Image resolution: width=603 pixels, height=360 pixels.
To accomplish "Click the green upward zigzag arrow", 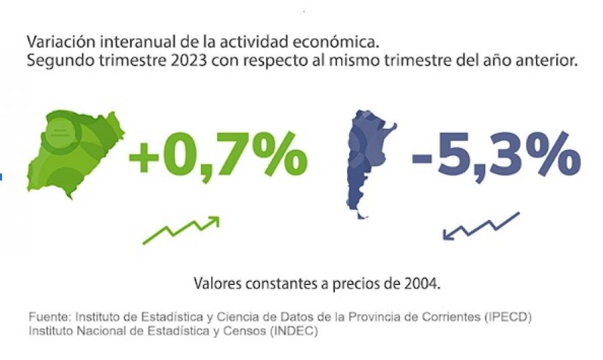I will [x=182, y=230].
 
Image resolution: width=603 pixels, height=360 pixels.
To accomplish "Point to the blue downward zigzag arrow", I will [x=480, y=226].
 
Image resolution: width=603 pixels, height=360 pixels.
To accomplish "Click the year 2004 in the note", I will [x=423, y=283].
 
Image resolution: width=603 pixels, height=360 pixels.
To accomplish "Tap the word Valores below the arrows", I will [x=217, y=283].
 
